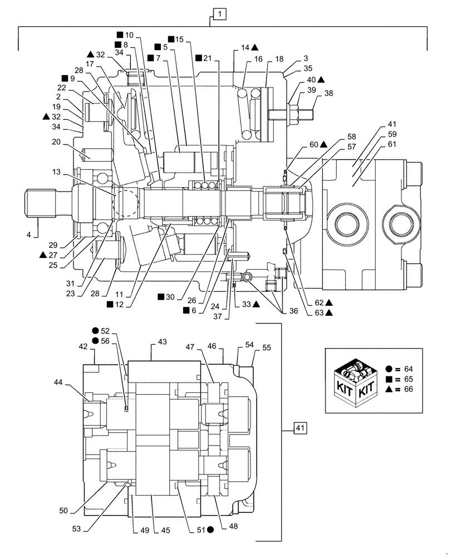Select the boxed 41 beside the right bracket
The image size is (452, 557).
tap(299, 428)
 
